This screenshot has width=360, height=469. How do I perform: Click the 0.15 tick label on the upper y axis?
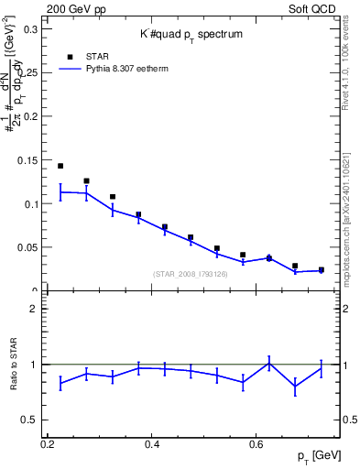[28, 160]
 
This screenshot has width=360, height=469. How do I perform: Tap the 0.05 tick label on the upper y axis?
[28, 247]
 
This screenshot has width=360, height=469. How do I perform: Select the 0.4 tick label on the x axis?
[152, 444]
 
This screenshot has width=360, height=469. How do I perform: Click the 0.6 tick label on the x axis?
[256, 444]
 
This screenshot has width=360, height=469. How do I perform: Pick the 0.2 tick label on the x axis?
[48, 444]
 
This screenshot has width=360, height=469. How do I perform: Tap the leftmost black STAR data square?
[60, 166]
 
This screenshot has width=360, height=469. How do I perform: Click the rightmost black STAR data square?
[321, 269]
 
